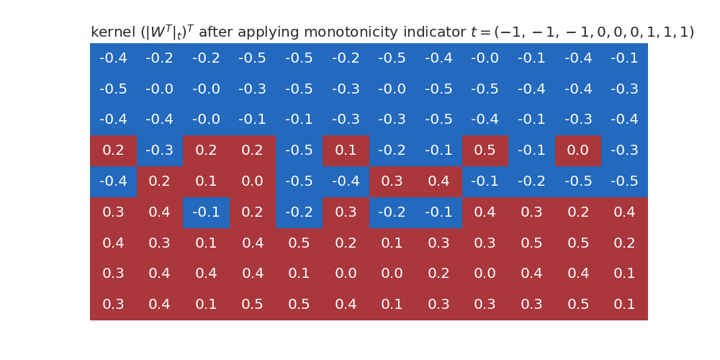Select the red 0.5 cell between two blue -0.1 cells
(485, 150)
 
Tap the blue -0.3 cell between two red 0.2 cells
(159, 150)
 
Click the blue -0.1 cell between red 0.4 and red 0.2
(206, 212)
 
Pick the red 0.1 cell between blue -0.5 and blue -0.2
(346, 150)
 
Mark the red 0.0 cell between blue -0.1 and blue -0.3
(578, 150)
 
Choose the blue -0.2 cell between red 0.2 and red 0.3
(299, 212)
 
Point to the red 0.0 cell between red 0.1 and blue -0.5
(253, 181)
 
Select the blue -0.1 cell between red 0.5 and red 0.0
(531, 150)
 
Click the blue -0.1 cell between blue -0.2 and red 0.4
(438, 212)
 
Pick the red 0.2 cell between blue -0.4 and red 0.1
(159, 181)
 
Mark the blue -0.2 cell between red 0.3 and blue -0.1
(392, 212)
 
